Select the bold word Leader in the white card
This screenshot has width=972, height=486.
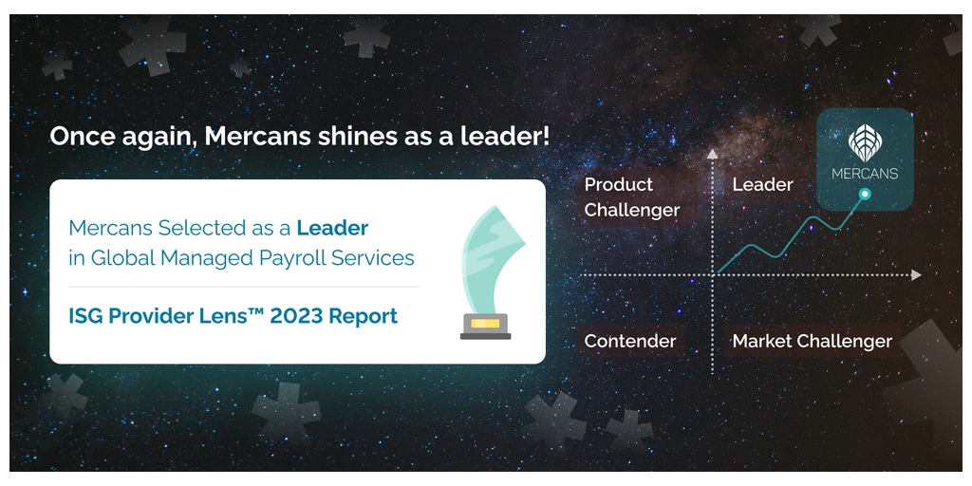pos(332,228)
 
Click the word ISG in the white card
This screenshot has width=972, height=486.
pos(85,316)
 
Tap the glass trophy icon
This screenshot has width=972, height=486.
pos(490,272)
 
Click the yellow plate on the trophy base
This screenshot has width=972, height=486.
pos(485,323)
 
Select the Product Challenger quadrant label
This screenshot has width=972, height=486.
pos(631,197)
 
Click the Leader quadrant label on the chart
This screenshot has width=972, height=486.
pos(762,185)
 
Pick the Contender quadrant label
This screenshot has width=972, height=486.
pos(630,341)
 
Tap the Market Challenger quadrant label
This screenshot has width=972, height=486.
pos(813,341)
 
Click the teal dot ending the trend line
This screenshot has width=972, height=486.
pos(866,194)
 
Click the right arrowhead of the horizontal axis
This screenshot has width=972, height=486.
pos(916,274)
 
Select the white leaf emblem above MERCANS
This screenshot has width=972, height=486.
pos(865,143)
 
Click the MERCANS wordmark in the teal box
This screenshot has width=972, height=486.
pos(865,174)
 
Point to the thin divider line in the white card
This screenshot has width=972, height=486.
pos(244,287)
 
